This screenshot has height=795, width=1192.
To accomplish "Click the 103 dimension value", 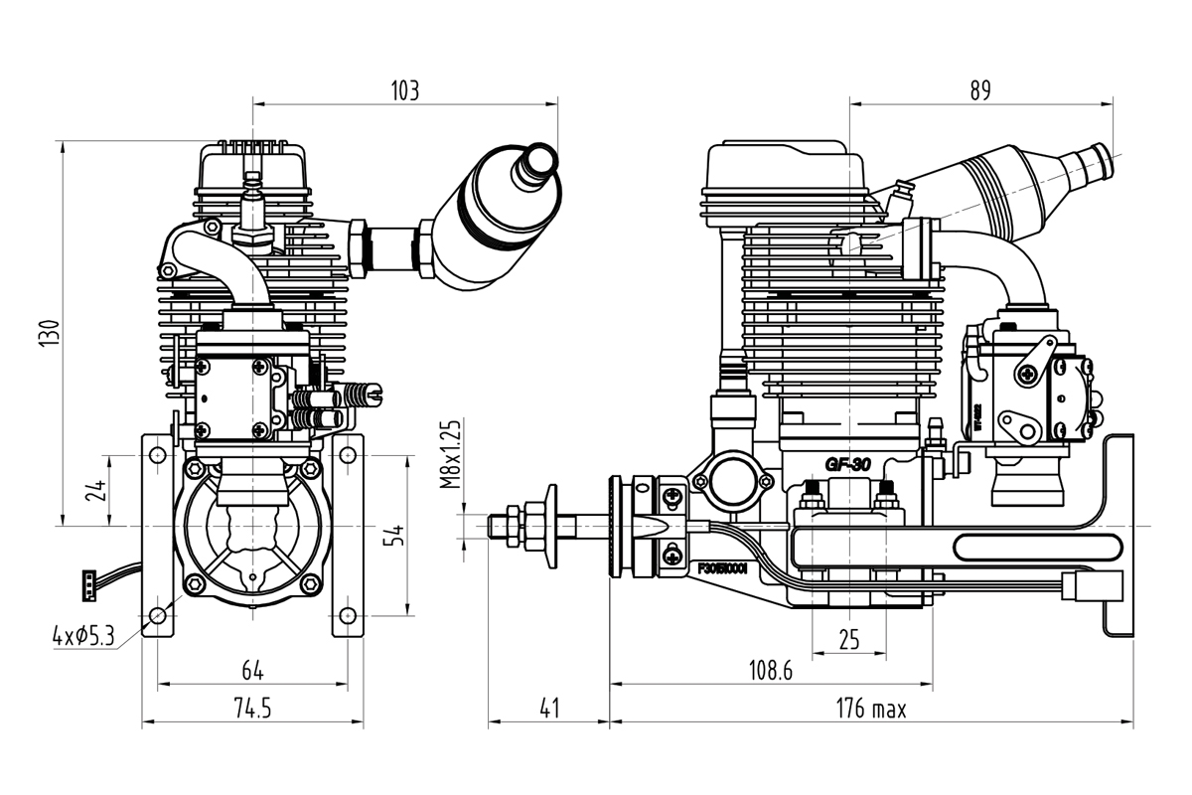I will (404, 91).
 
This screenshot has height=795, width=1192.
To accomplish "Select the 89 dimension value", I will (979, 91).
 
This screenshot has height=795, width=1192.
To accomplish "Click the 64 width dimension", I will (252, 671).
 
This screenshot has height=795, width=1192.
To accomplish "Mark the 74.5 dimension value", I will (252, 709).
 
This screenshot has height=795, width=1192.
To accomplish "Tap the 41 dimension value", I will (548, 709).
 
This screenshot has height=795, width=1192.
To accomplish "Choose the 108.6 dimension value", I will (770, 671).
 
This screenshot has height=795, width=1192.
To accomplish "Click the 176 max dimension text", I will (870, 709).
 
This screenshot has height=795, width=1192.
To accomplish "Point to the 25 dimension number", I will (848, 640).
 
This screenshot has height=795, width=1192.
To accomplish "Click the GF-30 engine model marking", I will (847, 464).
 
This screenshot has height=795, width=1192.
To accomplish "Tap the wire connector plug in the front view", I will (90, 585).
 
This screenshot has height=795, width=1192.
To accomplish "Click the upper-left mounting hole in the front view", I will (157, 455).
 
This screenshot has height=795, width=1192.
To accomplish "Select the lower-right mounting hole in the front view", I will (347, 612).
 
